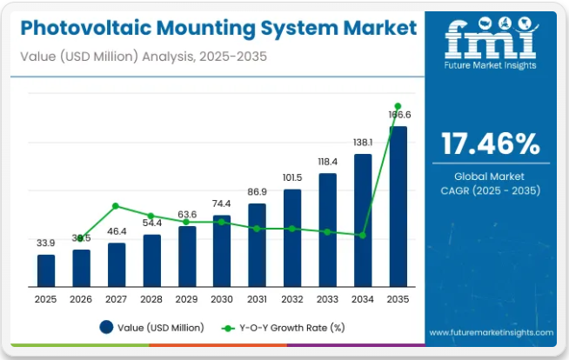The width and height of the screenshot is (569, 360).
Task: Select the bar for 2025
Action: [x=46, y=270]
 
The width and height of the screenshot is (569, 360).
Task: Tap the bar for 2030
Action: [x=222, y=251]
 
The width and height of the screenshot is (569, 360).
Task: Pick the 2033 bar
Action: [x=327, y=230]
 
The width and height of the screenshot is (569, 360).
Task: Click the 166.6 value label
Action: [x=398, y=115]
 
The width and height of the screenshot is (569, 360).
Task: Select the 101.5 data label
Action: [x=292, y=177]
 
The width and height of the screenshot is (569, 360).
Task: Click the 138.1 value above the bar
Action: [x=362, y=142]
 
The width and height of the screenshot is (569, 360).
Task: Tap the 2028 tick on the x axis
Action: [x=151, y=299]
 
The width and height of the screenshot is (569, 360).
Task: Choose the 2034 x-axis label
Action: [x=362, y=299]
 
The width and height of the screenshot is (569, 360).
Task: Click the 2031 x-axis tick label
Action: [x=257, y=299]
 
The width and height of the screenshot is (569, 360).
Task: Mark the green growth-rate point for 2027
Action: [x=117, y=206]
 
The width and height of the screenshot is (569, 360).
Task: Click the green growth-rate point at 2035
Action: [x=398, y=106]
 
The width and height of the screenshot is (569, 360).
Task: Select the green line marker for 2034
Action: [x=362, y=235]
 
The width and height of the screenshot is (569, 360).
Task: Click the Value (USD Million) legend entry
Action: [x=152, y=328]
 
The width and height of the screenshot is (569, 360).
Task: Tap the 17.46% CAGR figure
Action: [x=491, y=143]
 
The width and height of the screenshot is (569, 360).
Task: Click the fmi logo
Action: [x=490, y=40]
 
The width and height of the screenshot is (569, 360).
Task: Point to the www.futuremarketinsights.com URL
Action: [x=491, y=332]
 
